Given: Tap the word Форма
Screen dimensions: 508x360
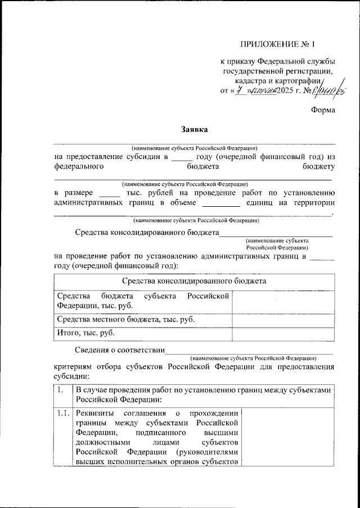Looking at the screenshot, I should point(323,110).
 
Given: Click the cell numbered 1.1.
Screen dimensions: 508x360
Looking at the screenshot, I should point(62,414).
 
